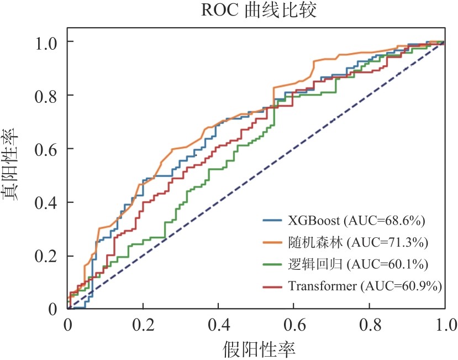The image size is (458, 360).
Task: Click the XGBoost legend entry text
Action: pos(356,221)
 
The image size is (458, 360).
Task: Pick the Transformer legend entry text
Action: pos(365,285)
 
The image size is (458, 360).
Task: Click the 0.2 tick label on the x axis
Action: pos(143,322)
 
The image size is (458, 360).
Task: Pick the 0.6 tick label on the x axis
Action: pos(294,322)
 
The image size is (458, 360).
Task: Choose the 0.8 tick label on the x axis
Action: pos(369,322)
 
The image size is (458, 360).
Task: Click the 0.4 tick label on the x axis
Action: pos(218,322)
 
